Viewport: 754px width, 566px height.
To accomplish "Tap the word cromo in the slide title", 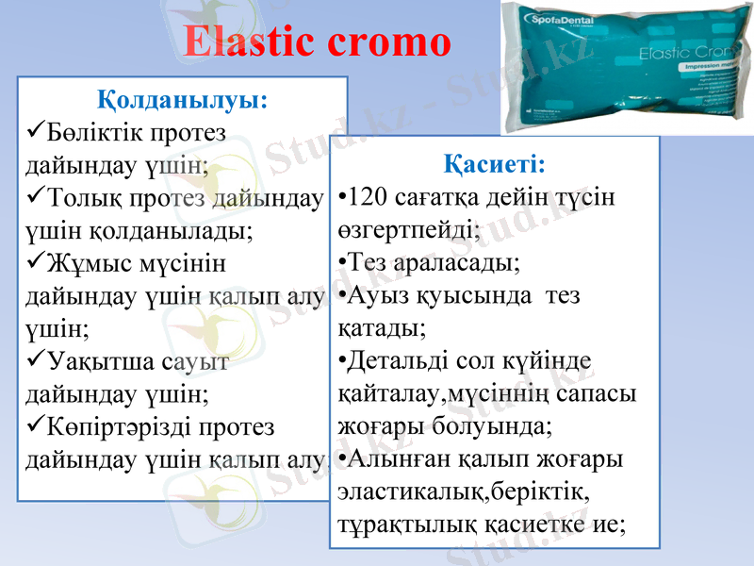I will [386, 42].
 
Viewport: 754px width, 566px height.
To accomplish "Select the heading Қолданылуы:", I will [183, 98].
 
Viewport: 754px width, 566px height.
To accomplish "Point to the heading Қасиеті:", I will [494, 164].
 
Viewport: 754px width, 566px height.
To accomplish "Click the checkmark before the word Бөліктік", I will [36, 127].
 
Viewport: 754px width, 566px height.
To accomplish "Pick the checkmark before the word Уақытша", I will [36, 359].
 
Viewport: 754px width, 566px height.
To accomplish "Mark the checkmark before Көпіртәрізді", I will [36, 426].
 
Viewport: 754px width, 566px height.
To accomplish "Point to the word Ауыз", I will [377, 294].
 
